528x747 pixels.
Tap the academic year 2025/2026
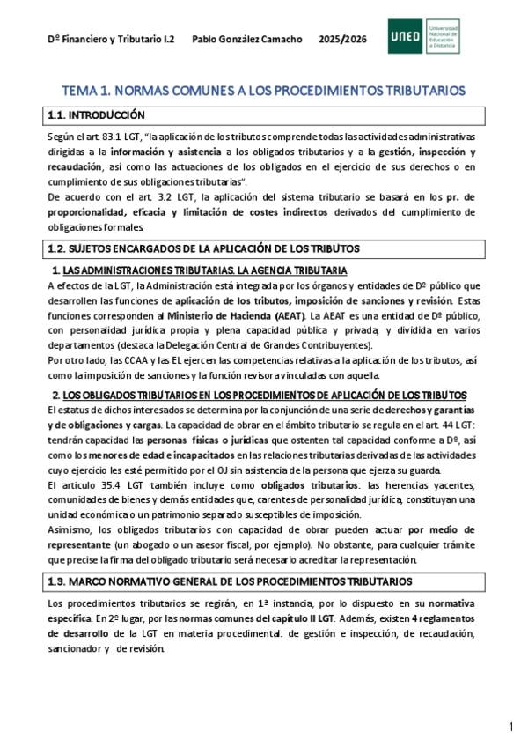(343, 40)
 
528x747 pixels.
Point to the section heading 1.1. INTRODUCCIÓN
(96, 115)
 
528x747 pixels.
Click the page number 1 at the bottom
(510, 727)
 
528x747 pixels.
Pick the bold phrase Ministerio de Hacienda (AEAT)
(245, 314)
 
